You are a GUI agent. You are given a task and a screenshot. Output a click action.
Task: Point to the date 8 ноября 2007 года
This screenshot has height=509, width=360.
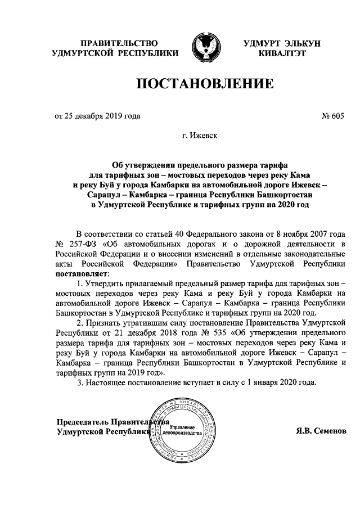tap(313, 233)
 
